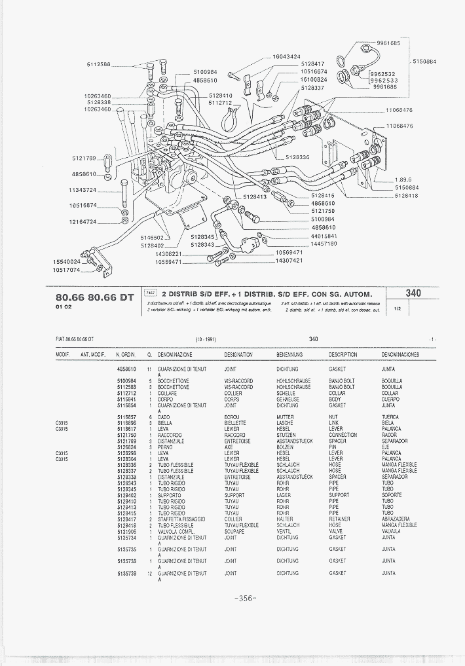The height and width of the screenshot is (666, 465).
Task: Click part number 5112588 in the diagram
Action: (98, 64)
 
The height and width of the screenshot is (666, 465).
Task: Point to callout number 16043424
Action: (286, 57)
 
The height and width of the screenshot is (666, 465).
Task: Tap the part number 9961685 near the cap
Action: (388, 43)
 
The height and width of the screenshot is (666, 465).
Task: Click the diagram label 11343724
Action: (83, 190)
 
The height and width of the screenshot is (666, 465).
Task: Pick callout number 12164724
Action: (83, 221)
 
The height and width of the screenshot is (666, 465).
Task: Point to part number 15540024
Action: (66, 262)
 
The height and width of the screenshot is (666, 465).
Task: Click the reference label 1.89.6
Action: (403, 180)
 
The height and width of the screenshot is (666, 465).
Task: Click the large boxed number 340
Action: (413, 294)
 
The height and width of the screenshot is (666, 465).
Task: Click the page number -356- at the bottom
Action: (244, 598)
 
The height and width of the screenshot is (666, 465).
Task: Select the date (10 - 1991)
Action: (205, 339)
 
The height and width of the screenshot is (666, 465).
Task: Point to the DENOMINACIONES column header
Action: (401, 354)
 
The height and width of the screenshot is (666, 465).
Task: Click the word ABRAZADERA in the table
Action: (396, 519)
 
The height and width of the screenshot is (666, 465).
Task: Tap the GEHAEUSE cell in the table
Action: (288, 399)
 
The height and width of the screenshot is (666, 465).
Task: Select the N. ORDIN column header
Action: (125, 354)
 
